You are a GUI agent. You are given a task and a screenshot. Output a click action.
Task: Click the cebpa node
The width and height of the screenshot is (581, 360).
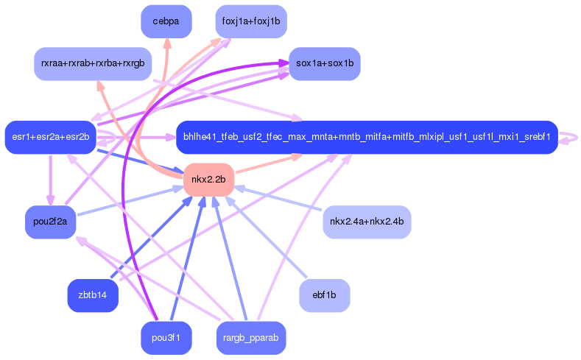pos(166,21)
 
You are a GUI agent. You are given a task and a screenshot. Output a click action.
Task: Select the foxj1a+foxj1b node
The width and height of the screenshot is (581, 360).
pos(251,21)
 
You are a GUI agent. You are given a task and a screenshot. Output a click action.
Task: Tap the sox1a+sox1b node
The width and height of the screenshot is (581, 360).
pos(325,64)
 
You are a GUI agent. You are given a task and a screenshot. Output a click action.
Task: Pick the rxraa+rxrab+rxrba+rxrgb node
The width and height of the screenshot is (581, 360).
pos(93,64)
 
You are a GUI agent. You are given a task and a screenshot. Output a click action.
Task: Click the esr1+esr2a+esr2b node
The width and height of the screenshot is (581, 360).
pos(50,137)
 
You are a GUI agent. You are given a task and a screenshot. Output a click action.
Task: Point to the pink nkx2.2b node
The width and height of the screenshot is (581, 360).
pos(208,180)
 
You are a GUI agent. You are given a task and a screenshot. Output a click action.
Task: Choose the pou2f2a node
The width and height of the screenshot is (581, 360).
pos(50,222)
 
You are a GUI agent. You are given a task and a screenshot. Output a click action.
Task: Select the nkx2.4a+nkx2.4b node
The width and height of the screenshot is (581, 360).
pos(367,222)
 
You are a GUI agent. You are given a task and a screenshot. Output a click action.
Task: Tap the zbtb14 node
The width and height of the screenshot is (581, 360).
pos(93,295)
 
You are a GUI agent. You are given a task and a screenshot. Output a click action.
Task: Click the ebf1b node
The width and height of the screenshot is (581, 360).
pos(325,295)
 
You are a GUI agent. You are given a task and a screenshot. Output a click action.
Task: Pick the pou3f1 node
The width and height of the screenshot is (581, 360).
pos(166,338)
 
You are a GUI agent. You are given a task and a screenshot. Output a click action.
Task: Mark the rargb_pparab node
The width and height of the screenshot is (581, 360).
pos(251,338)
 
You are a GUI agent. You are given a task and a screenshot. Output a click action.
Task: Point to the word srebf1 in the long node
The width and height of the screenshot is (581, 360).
pos(537,137)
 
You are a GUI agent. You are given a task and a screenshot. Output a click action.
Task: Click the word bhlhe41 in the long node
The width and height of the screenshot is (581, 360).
pos(197,137)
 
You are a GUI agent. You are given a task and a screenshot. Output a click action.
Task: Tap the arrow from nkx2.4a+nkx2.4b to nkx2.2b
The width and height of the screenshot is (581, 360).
pos(278,200)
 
